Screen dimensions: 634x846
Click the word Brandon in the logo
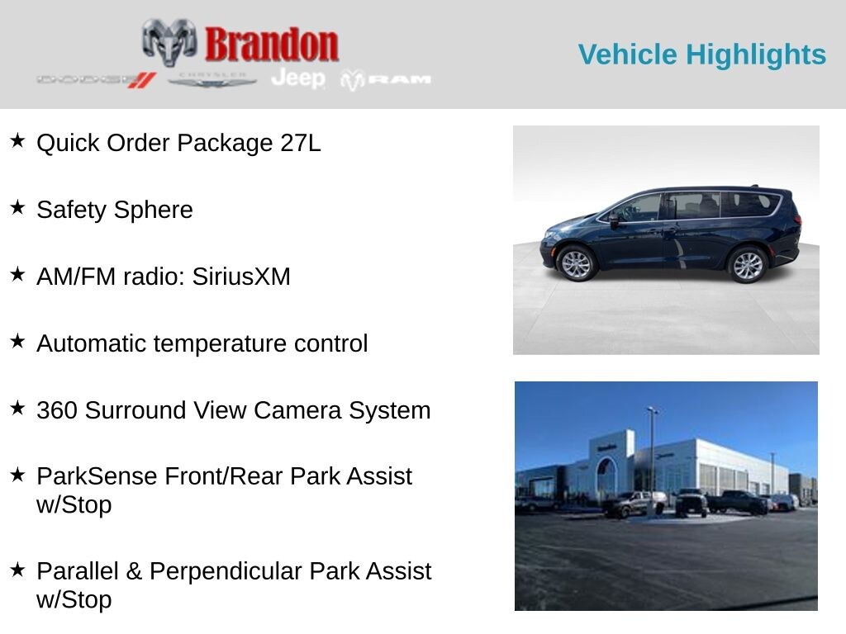click(272, 44)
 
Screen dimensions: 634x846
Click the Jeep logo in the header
click(298, 78)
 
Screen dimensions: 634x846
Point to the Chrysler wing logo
click(212, 80)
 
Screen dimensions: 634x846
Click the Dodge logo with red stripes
click(96, 79)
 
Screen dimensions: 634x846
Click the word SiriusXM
click(241, 277)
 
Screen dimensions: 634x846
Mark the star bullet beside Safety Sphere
click(17, 208)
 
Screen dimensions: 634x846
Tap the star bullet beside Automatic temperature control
click(17, 342)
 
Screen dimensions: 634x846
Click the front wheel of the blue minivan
click(576, 264)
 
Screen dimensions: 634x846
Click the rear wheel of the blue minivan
click(748, 265)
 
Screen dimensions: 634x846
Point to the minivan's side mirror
click(614, 220)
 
